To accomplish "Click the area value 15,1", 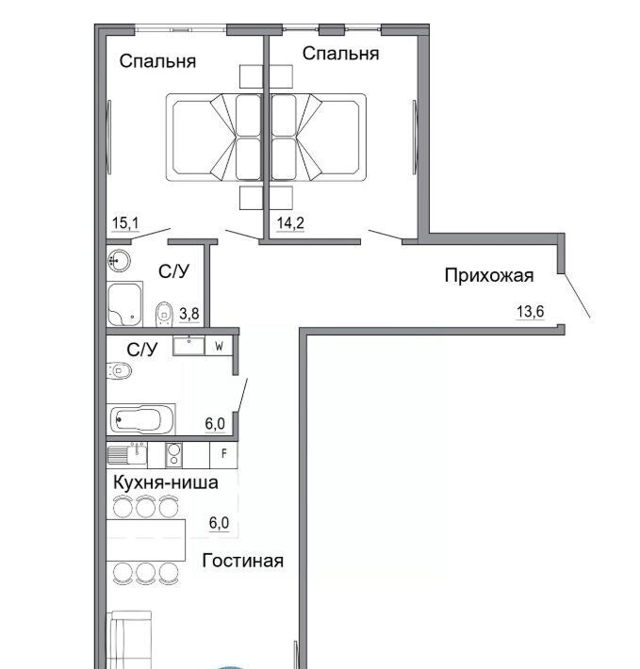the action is (x=125, y=223).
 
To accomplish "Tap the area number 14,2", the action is (x=290, y=223).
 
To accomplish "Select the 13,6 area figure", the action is (x=531, y=312).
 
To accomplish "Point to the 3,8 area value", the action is (x=189, y=314).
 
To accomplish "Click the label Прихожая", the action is (x=489, y=275).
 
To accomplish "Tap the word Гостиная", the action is (x=243, y=561).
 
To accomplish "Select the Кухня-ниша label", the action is (x=166, y=482).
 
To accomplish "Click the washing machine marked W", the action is (x=219, y=346).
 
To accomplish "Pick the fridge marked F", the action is (x=224, y=454).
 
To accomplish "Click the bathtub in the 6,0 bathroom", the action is (x=141, y=420).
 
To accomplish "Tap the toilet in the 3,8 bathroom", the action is (x=164, y=314).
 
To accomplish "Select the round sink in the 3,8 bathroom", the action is (x=119, y=260).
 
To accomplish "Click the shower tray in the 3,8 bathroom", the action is (x=124, y=304).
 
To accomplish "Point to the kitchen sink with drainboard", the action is (x=127, y=454).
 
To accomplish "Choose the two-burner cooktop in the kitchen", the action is (x=173, y=454).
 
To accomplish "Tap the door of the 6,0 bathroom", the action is (x=242, y=396).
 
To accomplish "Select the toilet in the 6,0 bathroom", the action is (x=119, y=370).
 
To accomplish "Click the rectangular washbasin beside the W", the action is (x=189, y=346).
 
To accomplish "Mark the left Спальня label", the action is (x=157, y=61).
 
